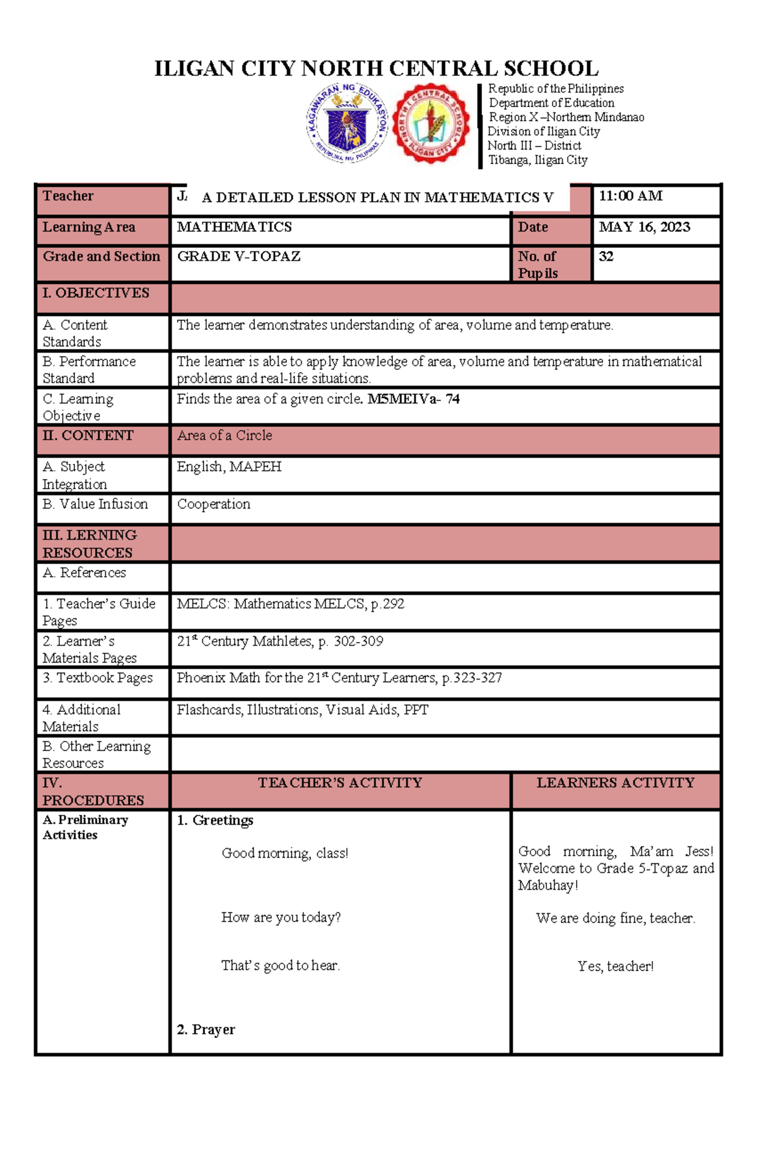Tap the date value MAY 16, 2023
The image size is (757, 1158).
tap(644, 227)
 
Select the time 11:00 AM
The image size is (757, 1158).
tap(630, 196)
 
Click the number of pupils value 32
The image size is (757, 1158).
tap(606, 256)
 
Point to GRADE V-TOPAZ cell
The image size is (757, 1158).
tap(238, 256)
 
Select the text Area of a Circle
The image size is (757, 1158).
tap(225, 435)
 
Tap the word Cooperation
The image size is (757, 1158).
tap(213, 504)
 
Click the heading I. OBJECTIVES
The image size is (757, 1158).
tap(96, 293)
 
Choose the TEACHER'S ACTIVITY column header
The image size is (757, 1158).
tap(339, 783)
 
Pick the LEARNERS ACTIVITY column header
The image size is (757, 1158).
tap(615, 783)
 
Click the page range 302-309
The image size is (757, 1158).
tap(358, 641)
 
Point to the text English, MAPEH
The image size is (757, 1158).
tap(229, 467)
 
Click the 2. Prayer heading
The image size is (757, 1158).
tap(206, 1029)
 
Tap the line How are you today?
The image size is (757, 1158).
tap(281, 917)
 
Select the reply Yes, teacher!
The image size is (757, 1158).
tap(615, 966)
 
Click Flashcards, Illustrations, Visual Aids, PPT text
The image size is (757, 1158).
tap(302, 710)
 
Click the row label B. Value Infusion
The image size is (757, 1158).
tap(95, 504)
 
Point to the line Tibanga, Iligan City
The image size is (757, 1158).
tap(538, 160)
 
